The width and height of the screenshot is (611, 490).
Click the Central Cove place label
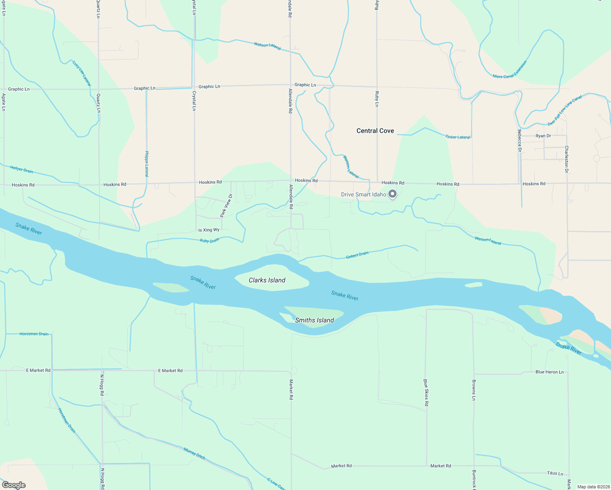click(x=375, y=131)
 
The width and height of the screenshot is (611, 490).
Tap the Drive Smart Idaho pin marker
click(x=392, y=194)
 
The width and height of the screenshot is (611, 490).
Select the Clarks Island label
click(x=267, y=280)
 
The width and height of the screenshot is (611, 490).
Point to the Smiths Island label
click(x=314, y=320)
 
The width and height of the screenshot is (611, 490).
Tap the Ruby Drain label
click(x=210, y=241)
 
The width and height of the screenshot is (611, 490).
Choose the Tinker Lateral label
click(x=458, y=137)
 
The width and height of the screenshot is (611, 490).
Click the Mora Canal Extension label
click(x=510, y=70)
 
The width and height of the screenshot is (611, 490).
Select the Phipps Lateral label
click(x=147, y=164)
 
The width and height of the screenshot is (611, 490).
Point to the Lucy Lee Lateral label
click(x=82, y=73)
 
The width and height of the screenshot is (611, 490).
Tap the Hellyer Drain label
click(x=22, y=169)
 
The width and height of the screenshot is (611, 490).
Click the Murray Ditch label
click(x=194, y=454)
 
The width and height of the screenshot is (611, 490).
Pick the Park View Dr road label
click(x=226, y=205)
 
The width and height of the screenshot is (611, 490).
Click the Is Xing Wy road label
click(x=209, y=230)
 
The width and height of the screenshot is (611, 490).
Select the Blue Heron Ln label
click(x=549, y=372)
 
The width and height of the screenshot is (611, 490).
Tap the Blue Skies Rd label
click(x=426, y=392)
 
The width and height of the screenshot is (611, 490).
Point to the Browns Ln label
click(x=474, y=390)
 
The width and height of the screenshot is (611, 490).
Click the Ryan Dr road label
click(x=543, y=136)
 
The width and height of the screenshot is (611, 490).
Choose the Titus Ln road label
click(x=555, y=473)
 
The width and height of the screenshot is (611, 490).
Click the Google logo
click(x=13, y=485)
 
